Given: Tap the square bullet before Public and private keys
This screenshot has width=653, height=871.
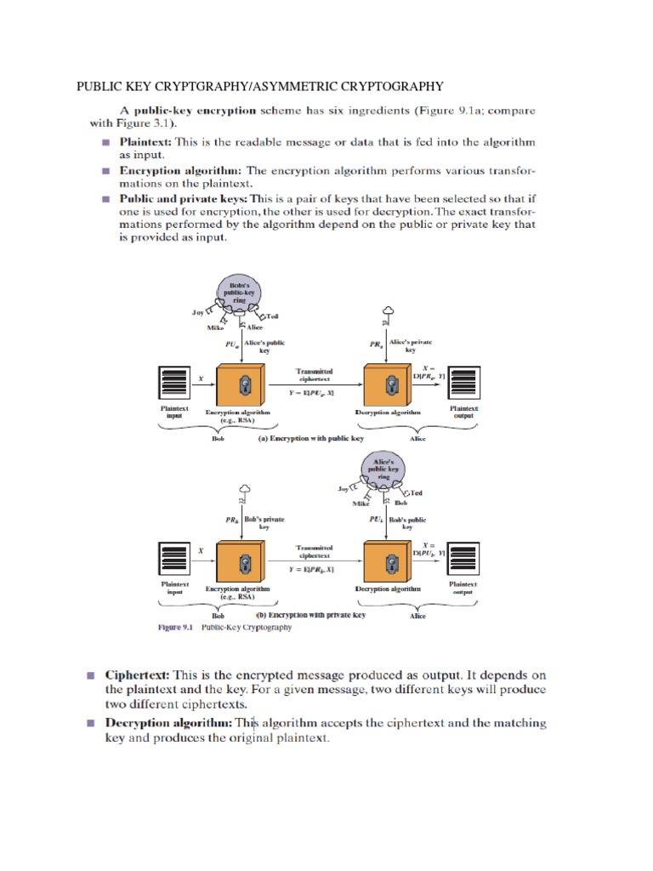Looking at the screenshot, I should pyautogui.click(x=106, y=200).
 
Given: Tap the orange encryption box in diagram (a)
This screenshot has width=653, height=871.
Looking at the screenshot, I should pyautogui.click(x=243, y=384).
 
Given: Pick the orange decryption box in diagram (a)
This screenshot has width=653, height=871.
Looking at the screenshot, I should pyautogui.click(x=390, y=384).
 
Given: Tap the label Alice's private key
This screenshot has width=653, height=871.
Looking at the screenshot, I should pyautogui.click(x=411, y=345).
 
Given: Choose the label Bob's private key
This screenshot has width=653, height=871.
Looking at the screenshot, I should pyautogui.click(x=264, y=522).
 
